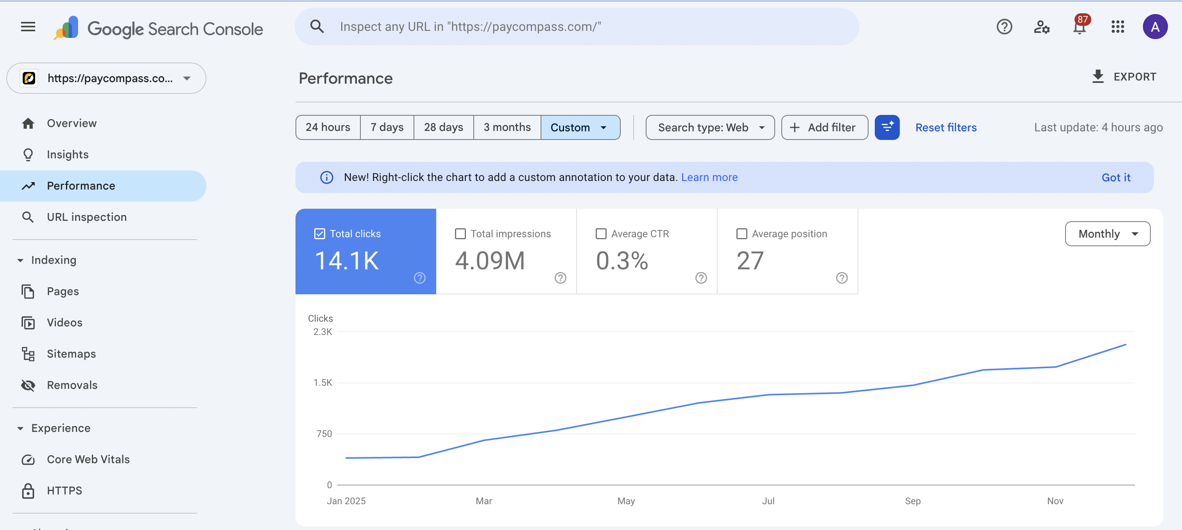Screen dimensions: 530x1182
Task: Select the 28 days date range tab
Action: tap(443, 127)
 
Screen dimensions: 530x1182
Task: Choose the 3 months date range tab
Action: tap(507, 127)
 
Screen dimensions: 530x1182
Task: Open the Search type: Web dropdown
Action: tap(709, 127)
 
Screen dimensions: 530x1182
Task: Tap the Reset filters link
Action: tap(946, 127)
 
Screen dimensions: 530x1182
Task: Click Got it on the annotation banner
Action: tap(1116, 177)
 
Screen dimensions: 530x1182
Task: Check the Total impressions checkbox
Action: tap(460, 234)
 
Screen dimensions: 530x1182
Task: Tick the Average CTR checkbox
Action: tap(601, 234)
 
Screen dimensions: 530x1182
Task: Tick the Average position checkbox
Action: tap(741, 234)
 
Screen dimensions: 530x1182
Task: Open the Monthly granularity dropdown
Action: tap(1107, 234)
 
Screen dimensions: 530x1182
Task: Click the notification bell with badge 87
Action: tap(1080, 27)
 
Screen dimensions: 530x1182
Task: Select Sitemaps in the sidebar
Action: tap(71, 354)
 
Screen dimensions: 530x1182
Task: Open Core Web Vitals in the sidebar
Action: tap(88, 459)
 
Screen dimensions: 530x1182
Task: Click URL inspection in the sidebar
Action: tap(87, 217)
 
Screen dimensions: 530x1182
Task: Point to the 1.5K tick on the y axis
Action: tap(322, 382)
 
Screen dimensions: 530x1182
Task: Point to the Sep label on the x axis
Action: tap(912, 501)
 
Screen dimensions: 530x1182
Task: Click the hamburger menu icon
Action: tap(28, 27)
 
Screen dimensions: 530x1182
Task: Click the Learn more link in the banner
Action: tap(709, 177)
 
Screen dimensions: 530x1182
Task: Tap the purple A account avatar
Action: tap(1155, 27)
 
